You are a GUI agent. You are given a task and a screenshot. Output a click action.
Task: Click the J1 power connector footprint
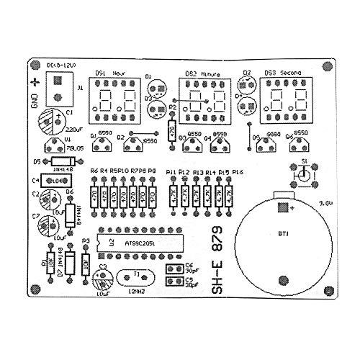coord(57,90)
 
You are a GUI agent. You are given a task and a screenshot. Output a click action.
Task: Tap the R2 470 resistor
coord(171,130)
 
